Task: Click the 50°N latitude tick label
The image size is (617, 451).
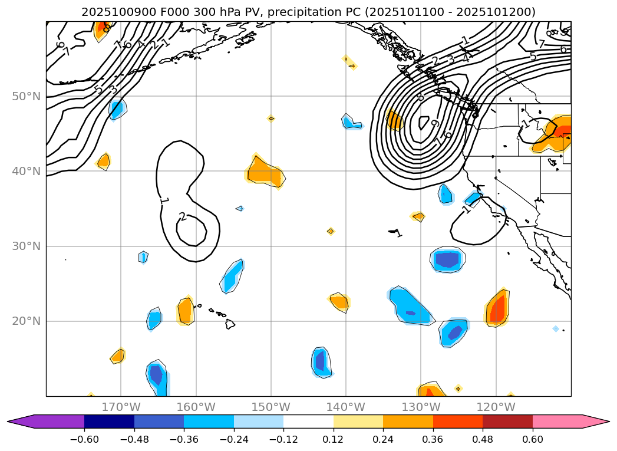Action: [26, 96]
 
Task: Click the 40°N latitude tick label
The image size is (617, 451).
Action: [26, 172]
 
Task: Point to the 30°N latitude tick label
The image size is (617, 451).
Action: [26, 246]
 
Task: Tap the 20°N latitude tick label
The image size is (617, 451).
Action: [26, 321]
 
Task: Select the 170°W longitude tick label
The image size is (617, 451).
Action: [121, 407]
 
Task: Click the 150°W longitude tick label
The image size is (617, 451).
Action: [271, 407]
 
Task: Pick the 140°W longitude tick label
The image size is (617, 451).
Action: [346, 407]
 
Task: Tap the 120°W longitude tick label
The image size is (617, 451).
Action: [496, 407]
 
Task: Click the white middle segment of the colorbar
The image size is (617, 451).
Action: [308, 422]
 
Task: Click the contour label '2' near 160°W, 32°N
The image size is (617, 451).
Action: [183, 217]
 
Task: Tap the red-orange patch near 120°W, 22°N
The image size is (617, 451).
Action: [498, 308]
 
